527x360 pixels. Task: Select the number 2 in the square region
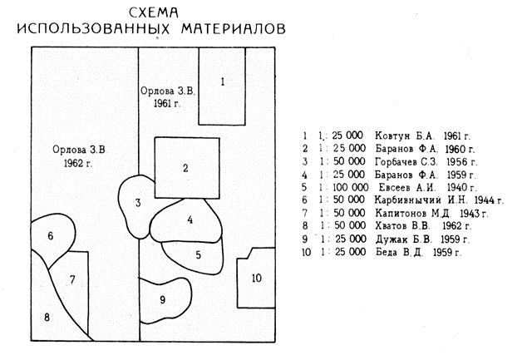click(x=186, y=168)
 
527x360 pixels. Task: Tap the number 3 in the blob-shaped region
click(x=138, y=203)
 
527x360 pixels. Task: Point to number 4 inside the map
click(x=190, y=220)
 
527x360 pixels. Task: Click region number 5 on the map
click(x=198, y=254)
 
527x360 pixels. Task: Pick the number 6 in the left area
click(x=51, y=236)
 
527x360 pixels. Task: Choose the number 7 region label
click(x=72, y=279)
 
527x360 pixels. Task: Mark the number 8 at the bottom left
click(x=47, y=317)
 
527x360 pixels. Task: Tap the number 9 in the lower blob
click(x=162, y=299)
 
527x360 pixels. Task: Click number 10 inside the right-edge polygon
click(x=257, y=278)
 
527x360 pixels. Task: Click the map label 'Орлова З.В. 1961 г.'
click(x=167, y=96)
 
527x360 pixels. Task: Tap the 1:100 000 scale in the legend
click(x=342, y=187)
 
